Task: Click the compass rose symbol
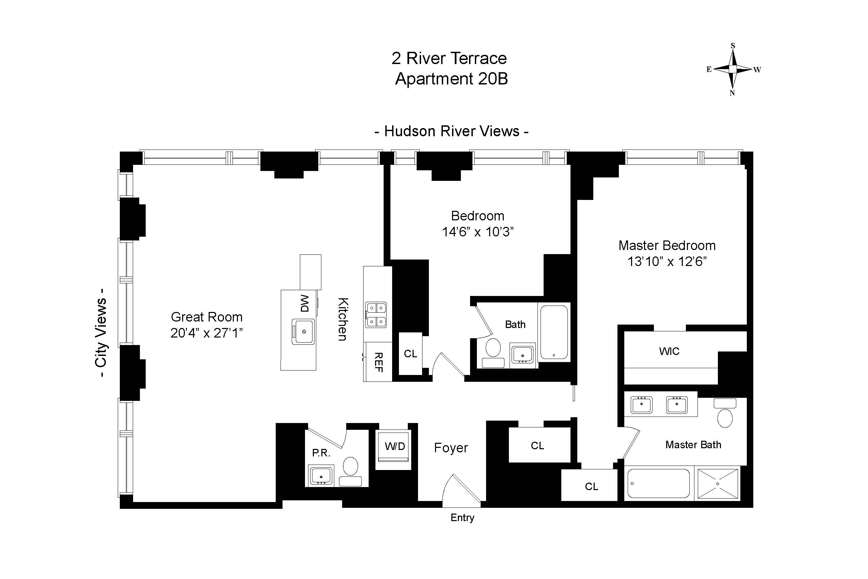point(733,69)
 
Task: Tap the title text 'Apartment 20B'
point(451,79)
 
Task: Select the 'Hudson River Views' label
point(452,131)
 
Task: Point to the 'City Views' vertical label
point(101,333)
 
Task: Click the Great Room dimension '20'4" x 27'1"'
point(207,333)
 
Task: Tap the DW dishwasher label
point(305,303)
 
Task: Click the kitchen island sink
point(303,332)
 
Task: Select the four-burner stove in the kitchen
point(376,315)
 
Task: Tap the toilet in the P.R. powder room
point(350,471)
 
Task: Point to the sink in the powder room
point(321,475)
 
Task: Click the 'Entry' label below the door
point(462,518)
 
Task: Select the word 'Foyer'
point(451,448)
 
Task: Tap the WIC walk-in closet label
point(670,351)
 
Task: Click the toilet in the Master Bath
point(725,413)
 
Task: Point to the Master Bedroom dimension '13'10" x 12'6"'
point(667,262)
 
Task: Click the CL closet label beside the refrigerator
point(411,354)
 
